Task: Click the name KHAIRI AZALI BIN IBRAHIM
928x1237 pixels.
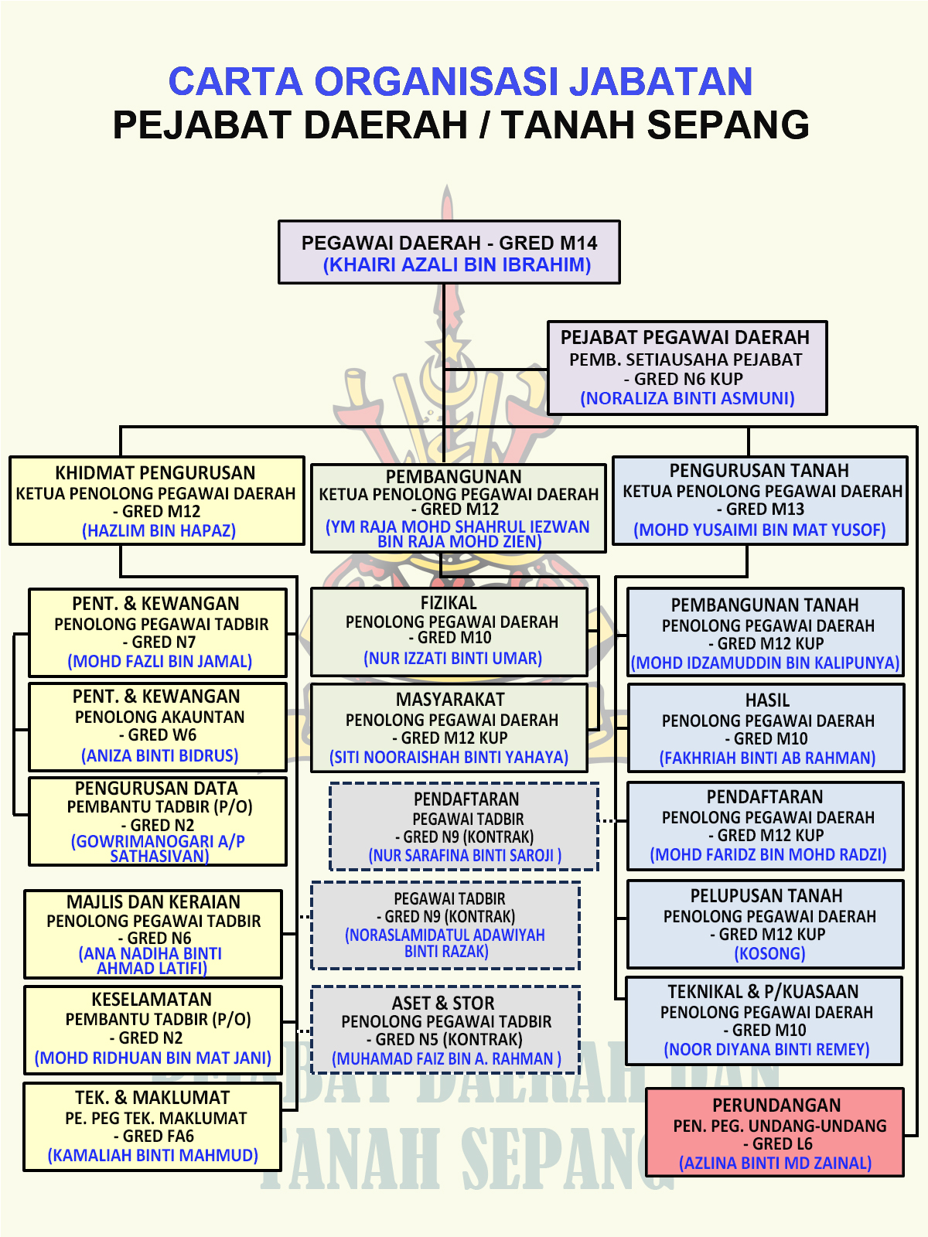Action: tap(457, 265)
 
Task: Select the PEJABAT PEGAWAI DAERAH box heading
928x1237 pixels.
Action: tap(684, 338)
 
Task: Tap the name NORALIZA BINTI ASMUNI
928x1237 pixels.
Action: tap(687, 398)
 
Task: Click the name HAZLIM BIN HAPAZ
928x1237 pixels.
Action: tap(159, 530)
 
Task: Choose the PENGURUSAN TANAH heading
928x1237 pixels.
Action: tap(759, 471)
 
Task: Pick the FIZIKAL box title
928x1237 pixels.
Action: tap(449, 603)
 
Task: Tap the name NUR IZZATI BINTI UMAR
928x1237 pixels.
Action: tap(452, 659)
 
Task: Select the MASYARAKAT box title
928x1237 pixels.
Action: tap(450, 700)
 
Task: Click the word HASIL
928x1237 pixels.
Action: tap(767, 700)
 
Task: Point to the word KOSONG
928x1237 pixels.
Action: tap(769, 954)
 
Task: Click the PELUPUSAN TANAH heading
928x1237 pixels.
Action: tap(766, 896)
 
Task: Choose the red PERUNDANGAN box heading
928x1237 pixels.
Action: tap(776, 1106)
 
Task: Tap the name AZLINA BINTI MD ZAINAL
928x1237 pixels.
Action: tap(775, 1163)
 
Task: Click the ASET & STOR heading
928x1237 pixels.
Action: tap(443, 1004)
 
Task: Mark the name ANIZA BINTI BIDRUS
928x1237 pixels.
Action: tap(159, 755)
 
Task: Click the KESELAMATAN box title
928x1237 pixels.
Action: tap(152, 1000)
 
